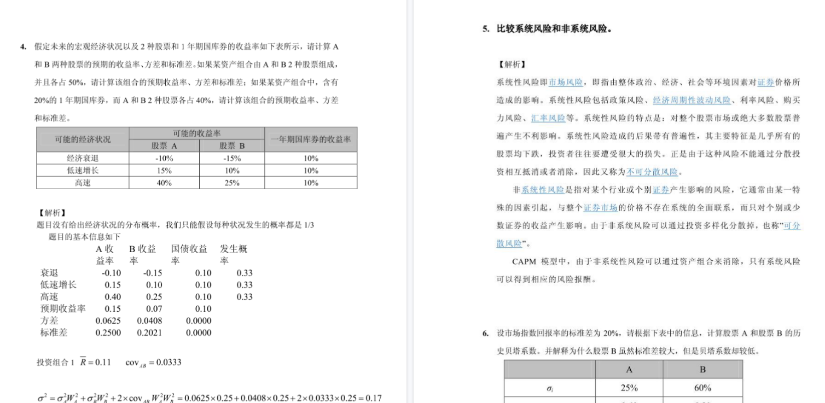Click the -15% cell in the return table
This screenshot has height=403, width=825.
pos(232,158)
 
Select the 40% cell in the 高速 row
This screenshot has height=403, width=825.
pos(164,183)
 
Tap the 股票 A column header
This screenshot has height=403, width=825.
pos(164,146)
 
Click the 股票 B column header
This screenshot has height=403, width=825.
pos(232,146)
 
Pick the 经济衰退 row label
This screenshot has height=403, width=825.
pos(83,158)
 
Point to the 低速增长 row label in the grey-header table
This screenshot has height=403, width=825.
pos(83,171)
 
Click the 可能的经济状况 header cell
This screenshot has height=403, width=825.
pos(83,139)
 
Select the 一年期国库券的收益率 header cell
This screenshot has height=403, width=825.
pos(311,139)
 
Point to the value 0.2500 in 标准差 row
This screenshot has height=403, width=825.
pos(108,332)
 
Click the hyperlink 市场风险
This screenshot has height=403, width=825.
pos(566,83)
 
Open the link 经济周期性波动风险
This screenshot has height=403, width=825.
pos(692,100)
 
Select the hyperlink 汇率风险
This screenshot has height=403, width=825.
pos(548,118)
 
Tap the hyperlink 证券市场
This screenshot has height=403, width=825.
pos(600,208)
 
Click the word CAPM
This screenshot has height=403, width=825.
pos(524,261)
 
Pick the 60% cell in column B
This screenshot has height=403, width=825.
pos(702,388)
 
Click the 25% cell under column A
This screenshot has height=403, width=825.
pos(629,388)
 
